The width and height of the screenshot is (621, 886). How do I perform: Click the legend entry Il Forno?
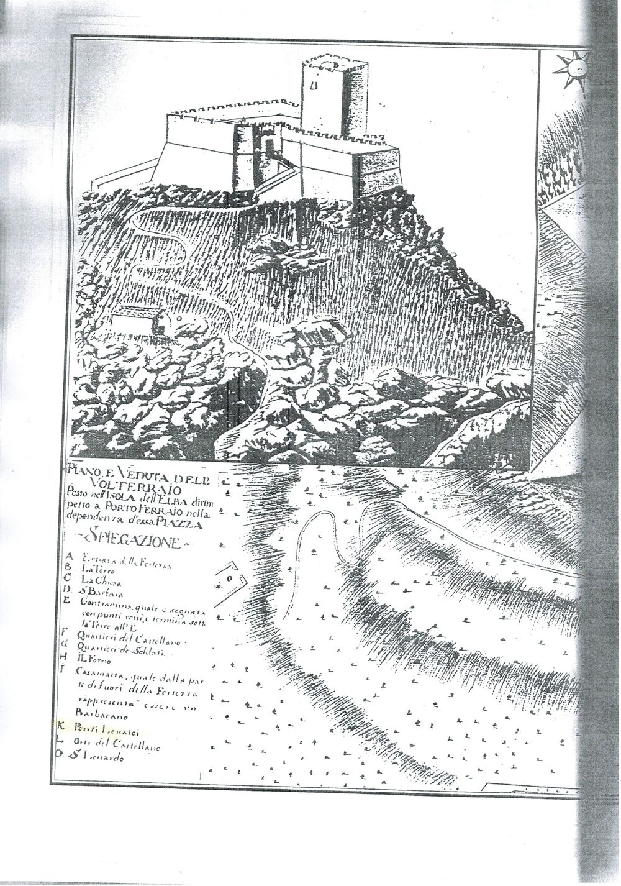93,662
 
